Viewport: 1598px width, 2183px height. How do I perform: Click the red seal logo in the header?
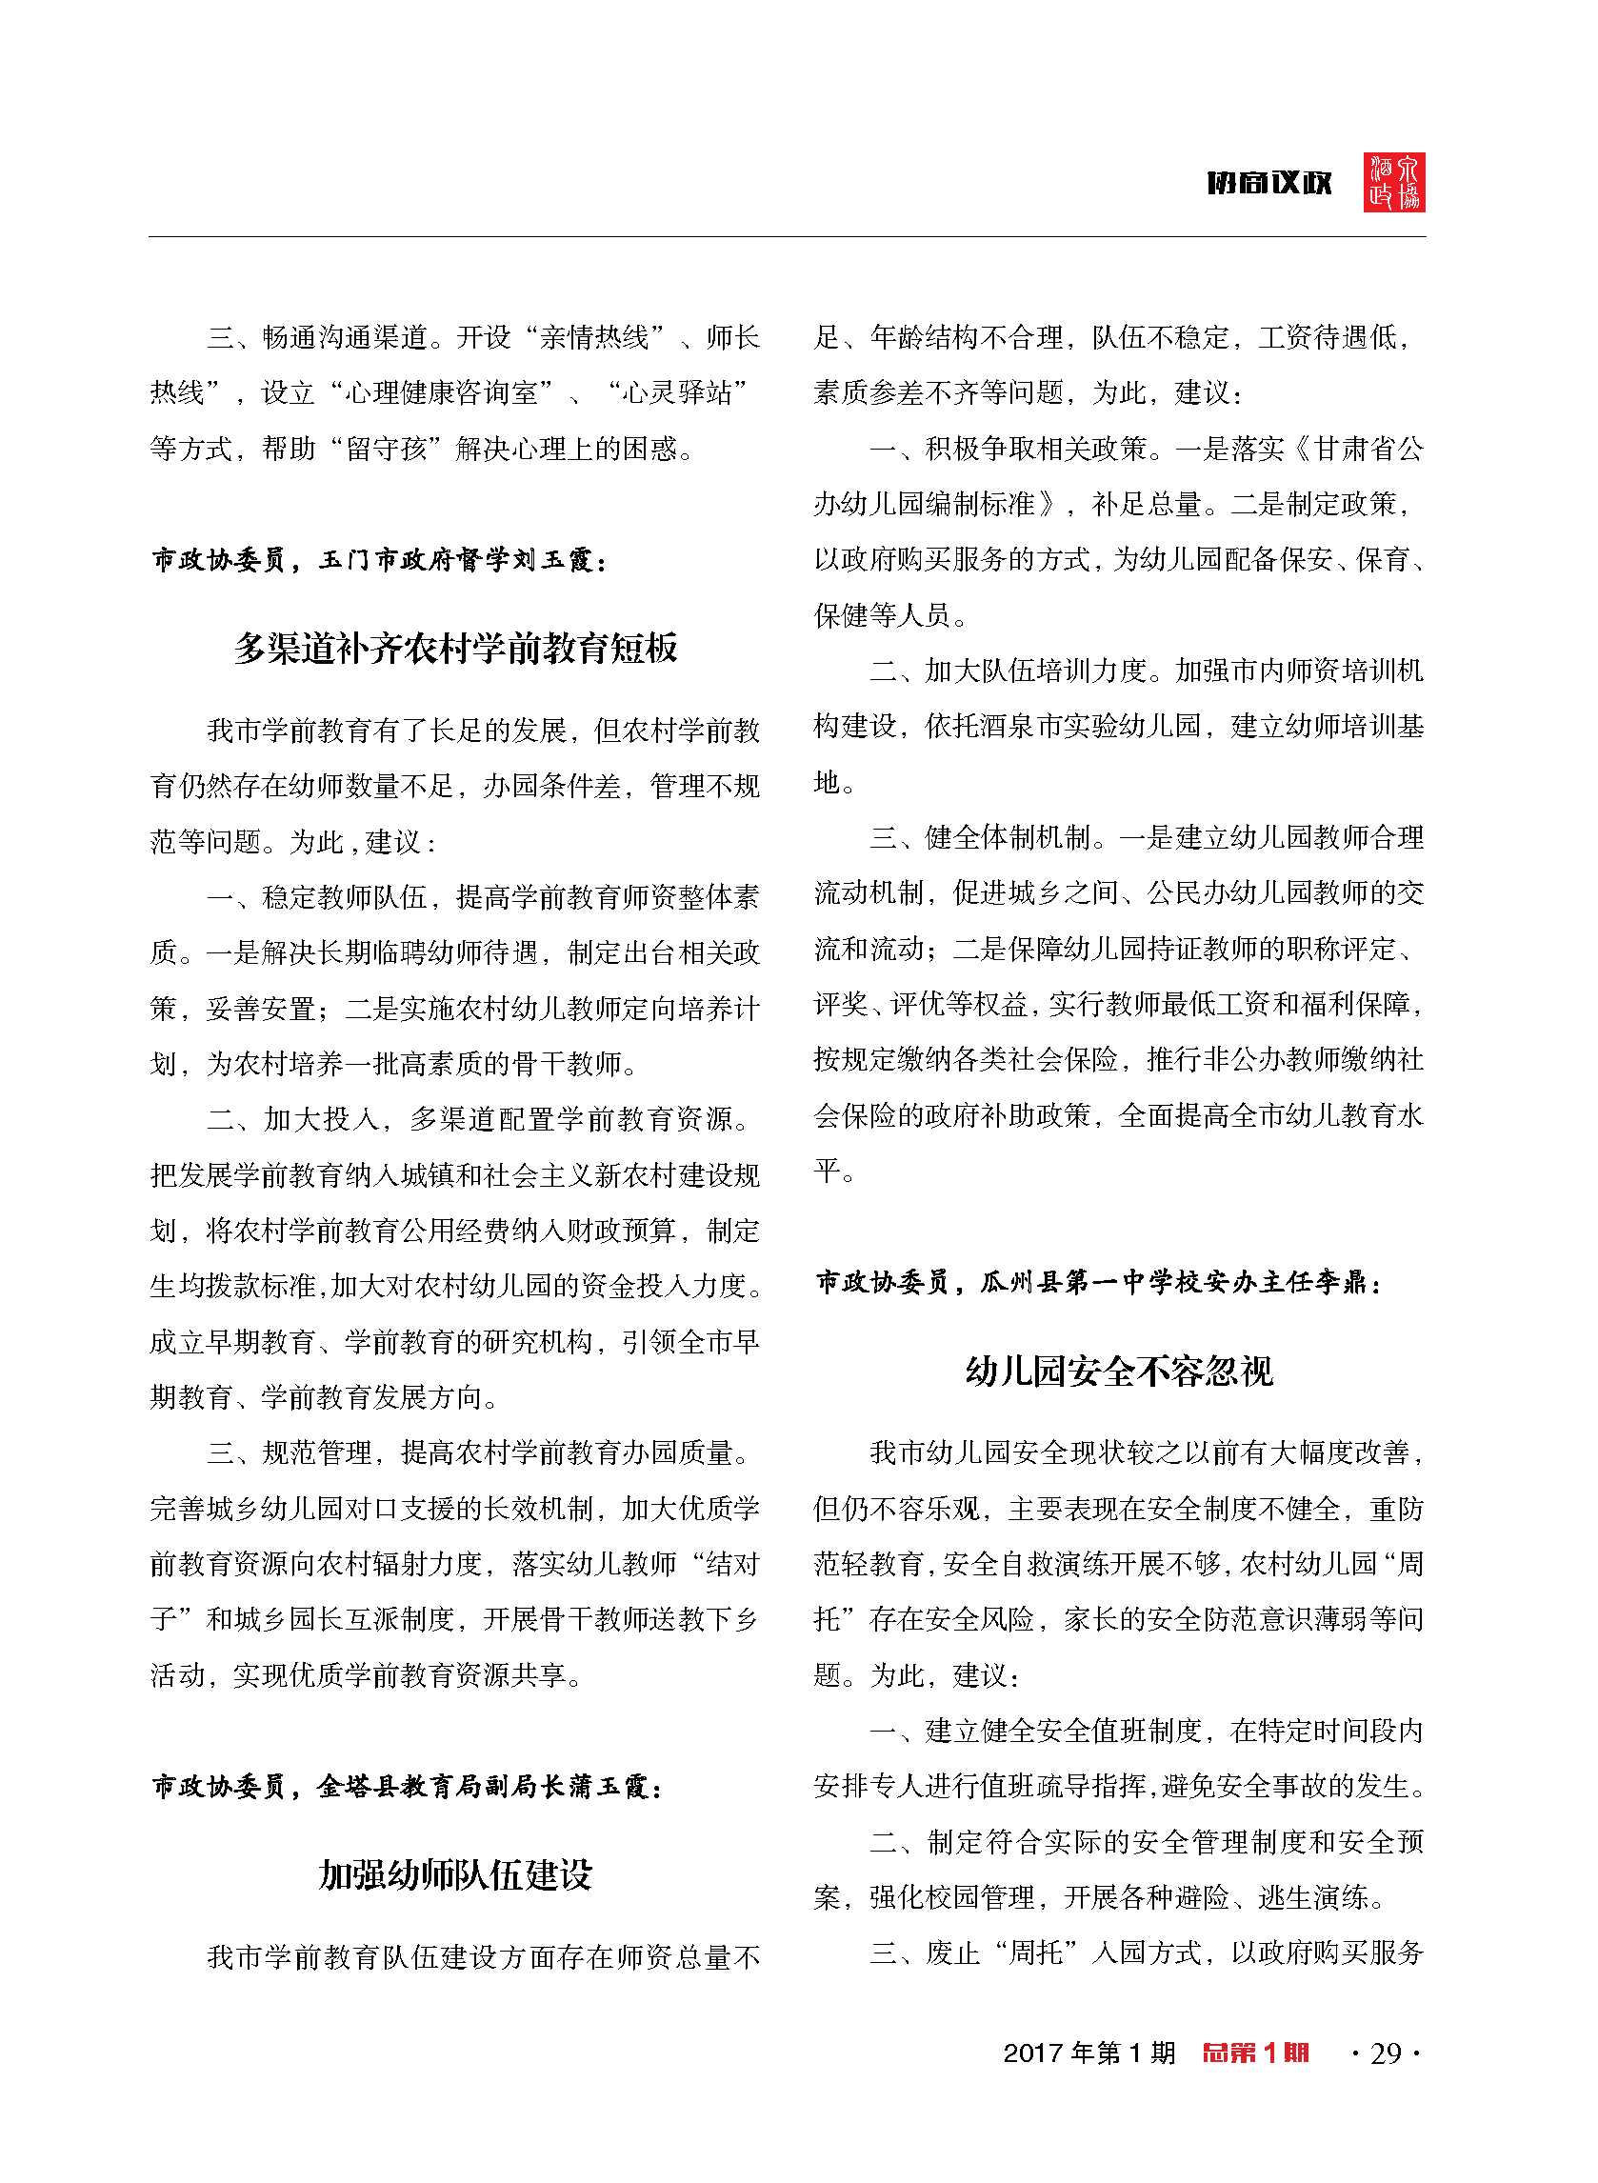pos(1394,182)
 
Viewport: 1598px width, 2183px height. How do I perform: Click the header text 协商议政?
pos(1268,183)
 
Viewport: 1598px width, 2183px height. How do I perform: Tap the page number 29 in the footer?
pos(1387,2053)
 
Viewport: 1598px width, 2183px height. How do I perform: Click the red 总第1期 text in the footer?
pos(1254,2053)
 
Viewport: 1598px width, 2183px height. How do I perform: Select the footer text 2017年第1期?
pos(1089,2053)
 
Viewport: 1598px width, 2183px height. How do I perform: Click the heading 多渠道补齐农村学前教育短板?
pos(455,648)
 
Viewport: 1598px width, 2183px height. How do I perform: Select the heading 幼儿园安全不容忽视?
pos(1119,1371)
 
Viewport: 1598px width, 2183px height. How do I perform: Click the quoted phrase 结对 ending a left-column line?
pos(732,1564)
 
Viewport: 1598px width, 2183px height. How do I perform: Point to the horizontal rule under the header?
pos(786,237)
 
